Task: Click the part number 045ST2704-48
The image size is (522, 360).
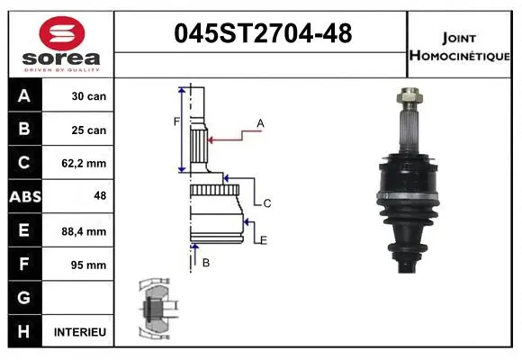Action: pos(261,35)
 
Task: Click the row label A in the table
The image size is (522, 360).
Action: pos(23,96)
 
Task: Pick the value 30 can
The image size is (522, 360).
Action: pos(89,96)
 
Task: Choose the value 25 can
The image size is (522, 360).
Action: pos(89,130)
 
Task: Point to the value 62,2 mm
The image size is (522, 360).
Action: pos(87,164)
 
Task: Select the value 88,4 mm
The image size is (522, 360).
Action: pos(87,231)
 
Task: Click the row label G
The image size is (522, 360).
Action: pos(23,298)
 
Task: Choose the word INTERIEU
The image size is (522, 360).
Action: pos(80,332)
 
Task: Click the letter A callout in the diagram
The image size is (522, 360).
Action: pos(260,122)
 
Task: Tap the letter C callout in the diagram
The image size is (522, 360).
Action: pos(267,204)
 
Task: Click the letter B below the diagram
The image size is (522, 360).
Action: pos(205,263)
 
